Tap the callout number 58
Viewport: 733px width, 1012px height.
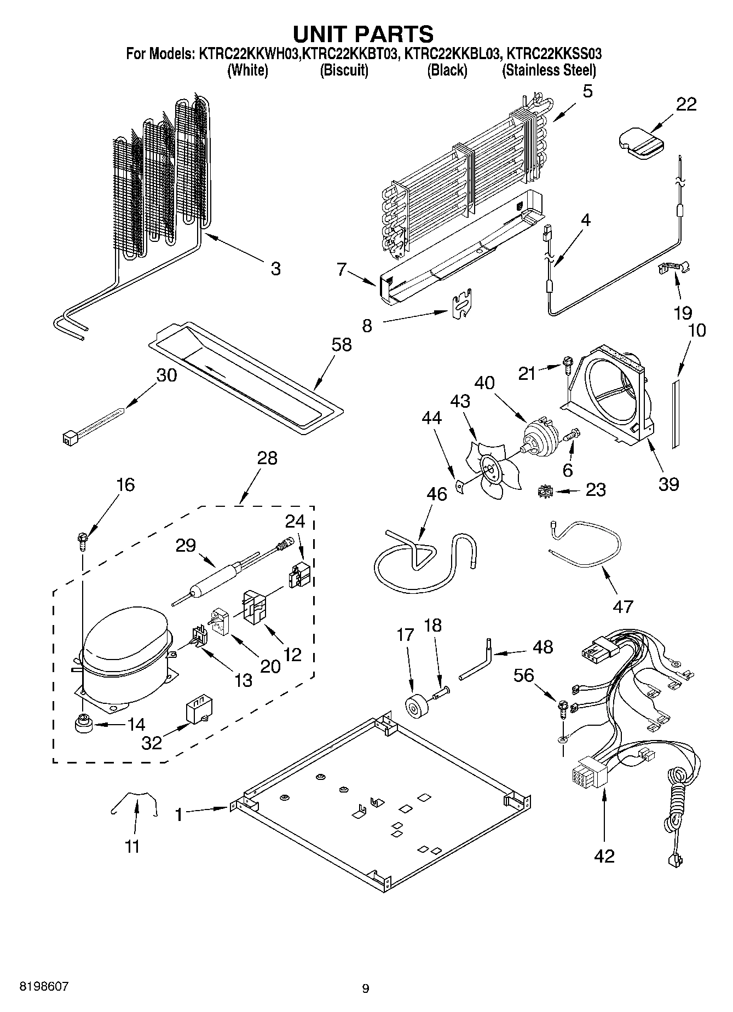[342, 345]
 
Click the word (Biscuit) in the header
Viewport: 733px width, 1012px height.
[344, 70]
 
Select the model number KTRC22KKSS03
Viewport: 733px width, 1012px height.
[554, 54]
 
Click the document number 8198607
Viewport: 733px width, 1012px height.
[44, 986]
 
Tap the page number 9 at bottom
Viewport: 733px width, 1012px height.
[366, 988]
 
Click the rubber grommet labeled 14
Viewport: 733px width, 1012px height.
[84, 724]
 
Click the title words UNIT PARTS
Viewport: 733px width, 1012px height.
[363, 34]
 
